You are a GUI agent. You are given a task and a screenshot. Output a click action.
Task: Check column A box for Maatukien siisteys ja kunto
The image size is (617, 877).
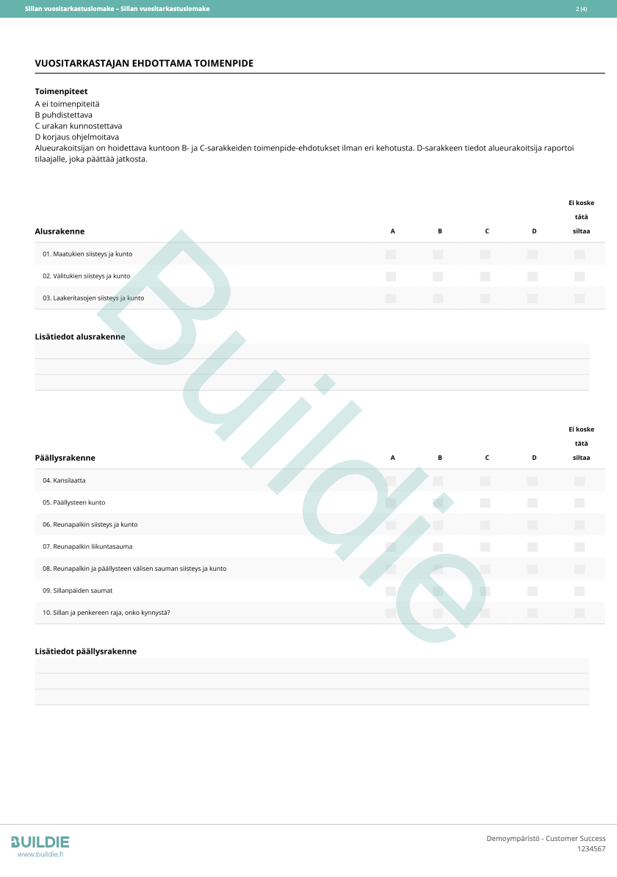pos(391,254)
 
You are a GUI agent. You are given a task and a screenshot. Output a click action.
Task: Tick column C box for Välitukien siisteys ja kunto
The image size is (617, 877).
pos(485,276)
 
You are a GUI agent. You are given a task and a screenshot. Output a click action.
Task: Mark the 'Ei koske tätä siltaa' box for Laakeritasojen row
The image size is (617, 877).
pos(580,298)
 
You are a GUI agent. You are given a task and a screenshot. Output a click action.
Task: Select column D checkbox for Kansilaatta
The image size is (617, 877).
pos(533,480)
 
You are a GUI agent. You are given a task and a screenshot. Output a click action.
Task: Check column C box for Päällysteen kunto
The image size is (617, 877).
pos(485,502)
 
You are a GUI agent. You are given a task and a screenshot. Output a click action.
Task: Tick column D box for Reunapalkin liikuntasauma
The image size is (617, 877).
pos(533,546)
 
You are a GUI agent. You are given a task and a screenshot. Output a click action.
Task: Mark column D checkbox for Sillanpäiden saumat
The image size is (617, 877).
pos(533,591)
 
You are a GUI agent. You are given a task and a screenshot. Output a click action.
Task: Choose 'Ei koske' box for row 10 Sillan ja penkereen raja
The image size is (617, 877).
pos(580,613)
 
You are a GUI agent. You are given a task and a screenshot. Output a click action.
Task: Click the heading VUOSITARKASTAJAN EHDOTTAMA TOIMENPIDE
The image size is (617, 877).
pos(144,64)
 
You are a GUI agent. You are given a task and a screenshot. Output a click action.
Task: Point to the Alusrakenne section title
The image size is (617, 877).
pos(59,231)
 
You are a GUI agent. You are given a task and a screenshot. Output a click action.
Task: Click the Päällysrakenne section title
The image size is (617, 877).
pos(65,458)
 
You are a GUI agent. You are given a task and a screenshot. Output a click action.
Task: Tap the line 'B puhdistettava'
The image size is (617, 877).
pos(64,115)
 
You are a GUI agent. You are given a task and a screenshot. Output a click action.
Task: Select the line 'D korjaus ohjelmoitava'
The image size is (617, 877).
pos(76,137)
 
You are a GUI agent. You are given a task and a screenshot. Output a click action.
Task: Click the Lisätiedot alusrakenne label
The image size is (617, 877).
pos(80,336)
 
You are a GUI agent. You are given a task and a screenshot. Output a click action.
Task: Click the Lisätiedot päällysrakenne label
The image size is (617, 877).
pos(86,652)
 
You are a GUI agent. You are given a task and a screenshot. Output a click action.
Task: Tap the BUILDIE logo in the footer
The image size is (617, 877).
pos(40,842)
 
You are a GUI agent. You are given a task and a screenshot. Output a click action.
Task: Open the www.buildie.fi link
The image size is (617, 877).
pos(40,854)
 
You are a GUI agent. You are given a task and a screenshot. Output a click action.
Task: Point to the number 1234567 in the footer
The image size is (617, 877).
pos(591,849)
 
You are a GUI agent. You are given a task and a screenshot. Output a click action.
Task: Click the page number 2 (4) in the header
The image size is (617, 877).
pos(581,9)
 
